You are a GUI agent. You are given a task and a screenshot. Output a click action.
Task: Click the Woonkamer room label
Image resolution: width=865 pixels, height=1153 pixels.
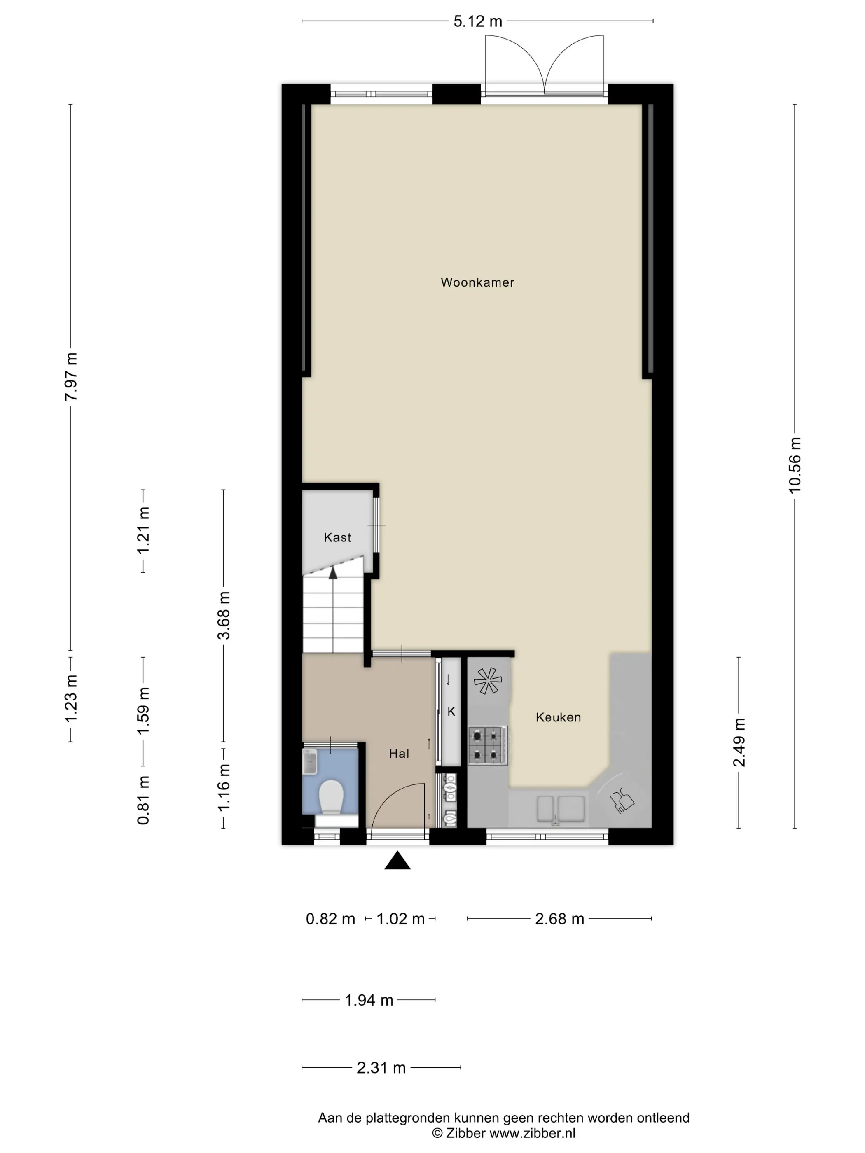point(477,282)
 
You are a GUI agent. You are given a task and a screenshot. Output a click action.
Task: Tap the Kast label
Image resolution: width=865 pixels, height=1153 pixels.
point(337,537)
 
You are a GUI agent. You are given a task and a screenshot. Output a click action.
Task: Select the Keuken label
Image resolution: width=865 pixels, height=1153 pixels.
point(558,717)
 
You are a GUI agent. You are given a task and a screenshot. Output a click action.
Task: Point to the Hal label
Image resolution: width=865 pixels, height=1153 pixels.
point(399,753)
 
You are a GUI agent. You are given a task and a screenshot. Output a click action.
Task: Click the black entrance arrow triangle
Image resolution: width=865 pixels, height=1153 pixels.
point(397,860)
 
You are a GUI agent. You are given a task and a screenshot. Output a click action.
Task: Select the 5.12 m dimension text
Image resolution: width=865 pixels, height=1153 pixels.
point(477,21)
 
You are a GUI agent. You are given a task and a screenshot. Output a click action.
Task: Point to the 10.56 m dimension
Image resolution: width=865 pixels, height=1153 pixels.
point(794,465)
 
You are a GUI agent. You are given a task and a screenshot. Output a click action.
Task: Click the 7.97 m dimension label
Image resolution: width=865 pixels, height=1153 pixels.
point(71,376)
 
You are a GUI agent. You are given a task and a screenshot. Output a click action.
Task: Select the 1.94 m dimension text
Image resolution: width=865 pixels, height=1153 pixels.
point(369,1000)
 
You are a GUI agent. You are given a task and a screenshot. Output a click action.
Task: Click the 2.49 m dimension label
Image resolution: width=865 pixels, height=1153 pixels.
point(739,742)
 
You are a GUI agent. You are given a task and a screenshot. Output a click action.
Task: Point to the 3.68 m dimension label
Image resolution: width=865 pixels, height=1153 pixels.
point(224,615)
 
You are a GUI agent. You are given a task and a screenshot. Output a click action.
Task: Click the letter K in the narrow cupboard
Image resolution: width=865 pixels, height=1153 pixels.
point(451,712)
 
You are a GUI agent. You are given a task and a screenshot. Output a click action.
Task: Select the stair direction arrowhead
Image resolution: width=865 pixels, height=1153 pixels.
point(333,573)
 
